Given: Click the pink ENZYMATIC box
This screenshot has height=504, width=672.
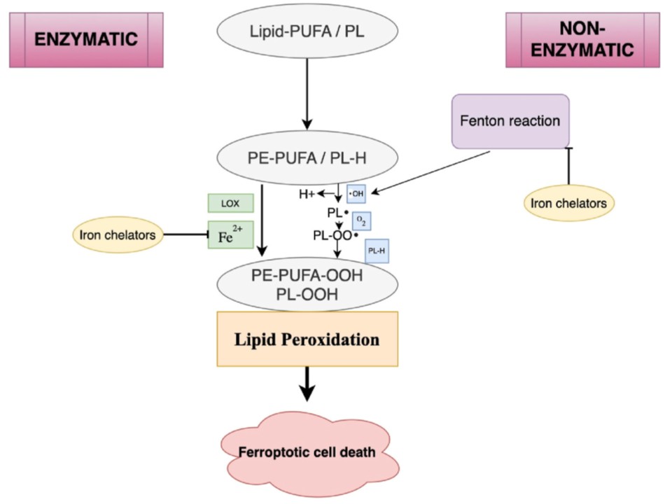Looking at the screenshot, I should pos(86,40).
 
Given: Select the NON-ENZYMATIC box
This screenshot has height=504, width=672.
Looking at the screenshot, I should pos(582,40).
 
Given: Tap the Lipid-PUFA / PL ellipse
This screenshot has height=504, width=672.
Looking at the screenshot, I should pos(308,31).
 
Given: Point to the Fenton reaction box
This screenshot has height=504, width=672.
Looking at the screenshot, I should pos(510,121).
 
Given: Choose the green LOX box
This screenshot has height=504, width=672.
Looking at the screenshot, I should pos(230,203).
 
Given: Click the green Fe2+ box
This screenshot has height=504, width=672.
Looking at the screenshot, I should pos(230,235).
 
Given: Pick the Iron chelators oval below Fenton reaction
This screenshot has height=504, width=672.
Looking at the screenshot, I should pos(569,203).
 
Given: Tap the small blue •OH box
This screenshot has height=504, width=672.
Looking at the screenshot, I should pos(356,192).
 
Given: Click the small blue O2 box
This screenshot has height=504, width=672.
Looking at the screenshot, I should pos(361,221).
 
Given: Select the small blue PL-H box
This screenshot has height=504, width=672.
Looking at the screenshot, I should pos(375,251).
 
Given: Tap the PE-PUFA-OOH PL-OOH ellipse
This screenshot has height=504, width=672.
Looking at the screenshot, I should pos(308,284).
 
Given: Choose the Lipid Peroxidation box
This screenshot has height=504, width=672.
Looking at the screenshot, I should pos(308,339).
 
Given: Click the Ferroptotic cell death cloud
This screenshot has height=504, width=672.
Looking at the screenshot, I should pos(308,451).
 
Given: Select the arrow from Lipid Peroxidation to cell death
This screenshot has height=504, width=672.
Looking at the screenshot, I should pos(308,384).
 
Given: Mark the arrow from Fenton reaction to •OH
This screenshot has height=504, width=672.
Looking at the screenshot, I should pos(430,171).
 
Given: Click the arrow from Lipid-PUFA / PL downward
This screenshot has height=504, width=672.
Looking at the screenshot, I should pos(308,90).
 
